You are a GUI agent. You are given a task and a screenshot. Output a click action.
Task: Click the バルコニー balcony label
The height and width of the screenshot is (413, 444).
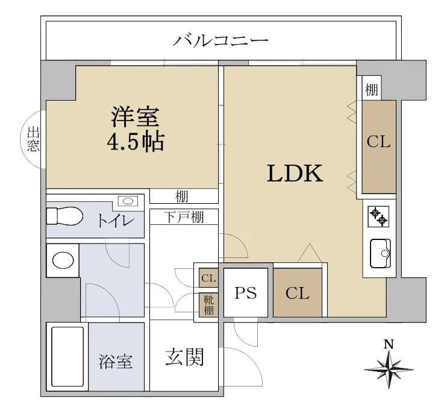pos(220,40)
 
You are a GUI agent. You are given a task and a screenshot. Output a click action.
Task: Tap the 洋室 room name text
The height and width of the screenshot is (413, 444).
pos(136,117)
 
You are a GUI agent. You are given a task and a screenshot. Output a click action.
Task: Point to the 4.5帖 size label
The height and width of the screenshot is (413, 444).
pos(136,141)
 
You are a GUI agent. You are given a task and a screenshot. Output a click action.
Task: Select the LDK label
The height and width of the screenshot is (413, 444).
pos(295,174)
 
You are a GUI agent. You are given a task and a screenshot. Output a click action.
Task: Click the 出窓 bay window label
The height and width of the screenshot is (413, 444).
pos(33,139)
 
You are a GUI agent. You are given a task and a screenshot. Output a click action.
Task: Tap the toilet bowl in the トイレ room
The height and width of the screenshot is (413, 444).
pos(64,216)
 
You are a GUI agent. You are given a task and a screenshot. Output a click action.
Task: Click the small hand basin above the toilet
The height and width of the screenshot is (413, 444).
pos(128,201)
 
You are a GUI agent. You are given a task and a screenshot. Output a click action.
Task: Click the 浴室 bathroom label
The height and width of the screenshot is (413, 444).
pos(116,362)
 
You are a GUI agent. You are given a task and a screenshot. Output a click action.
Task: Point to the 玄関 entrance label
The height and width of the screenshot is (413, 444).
pos(184,357)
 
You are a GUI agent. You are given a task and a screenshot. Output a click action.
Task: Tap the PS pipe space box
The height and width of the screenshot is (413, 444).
pos(246,293)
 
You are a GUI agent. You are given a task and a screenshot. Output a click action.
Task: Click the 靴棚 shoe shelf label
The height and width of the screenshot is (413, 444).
pos(208,305)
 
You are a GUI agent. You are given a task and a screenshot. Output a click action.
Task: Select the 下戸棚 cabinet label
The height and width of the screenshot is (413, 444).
pos(184,217)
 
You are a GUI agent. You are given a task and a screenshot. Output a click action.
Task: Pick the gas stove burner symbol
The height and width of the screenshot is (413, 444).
pos(378,217)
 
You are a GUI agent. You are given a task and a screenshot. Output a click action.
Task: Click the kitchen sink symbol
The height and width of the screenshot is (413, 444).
pos(380,253)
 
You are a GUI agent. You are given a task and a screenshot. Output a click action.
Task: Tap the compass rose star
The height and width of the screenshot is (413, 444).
pos(389,370)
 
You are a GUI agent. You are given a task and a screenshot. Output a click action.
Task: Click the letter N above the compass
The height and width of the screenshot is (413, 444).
pos(389,344)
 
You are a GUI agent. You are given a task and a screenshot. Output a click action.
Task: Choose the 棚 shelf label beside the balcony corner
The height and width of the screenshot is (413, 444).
pos(372,90)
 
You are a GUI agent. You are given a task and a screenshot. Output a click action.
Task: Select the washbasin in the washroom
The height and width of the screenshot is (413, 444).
pos(63,260)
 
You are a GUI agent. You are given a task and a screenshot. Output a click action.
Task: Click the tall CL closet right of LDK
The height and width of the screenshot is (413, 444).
pos(379,147)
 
